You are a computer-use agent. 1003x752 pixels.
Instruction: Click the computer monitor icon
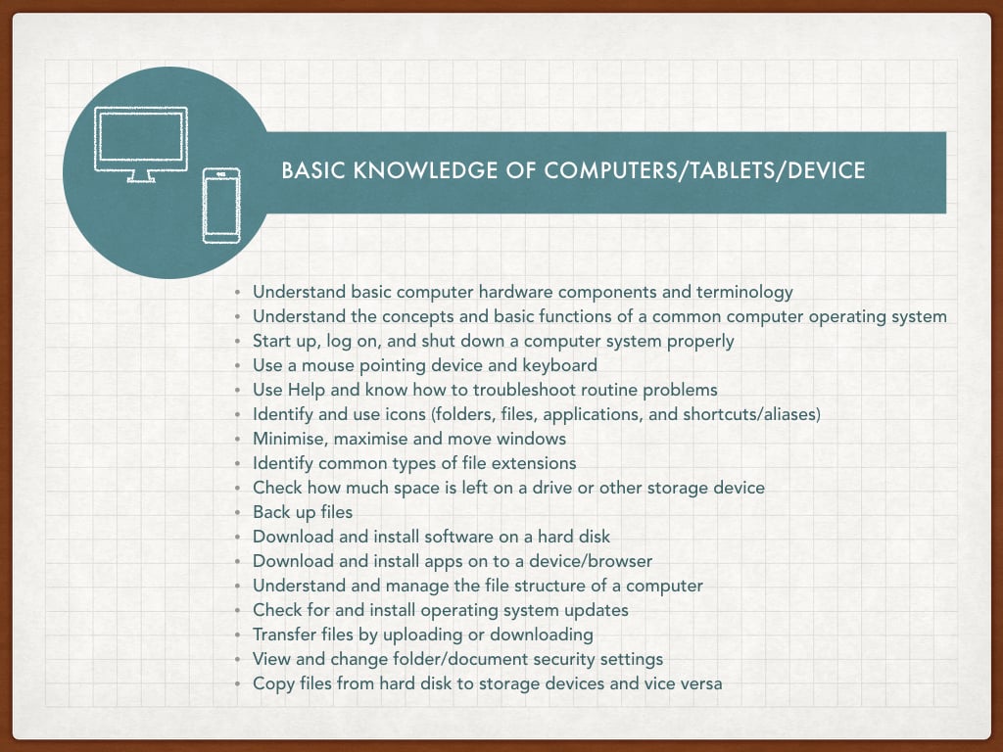coord(141,145)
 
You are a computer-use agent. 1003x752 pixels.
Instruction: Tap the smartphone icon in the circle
coord(221,206)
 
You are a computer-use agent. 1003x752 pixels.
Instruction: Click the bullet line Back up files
coord(303,512)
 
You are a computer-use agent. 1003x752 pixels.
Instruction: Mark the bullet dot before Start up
coord(237,342)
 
